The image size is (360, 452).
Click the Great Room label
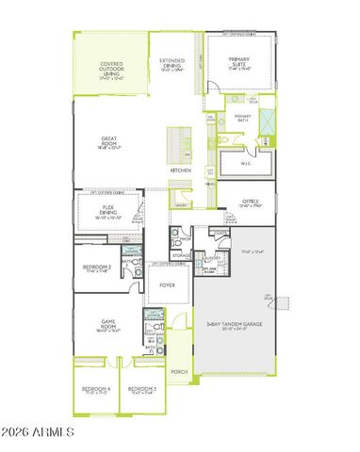click(x=109, y=140)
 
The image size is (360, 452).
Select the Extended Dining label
click(x=172, y=62)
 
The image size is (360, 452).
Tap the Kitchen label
click(x=181, y=170)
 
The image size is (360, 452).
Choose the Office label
click(x=250, y=202)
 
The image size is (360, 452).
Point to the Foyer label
click(x=168, y=283)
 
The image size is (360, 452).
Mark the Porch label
click(x=179, y=371)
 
